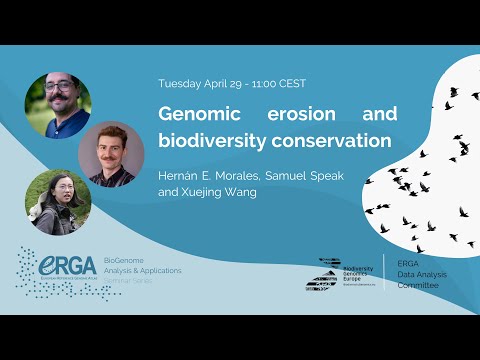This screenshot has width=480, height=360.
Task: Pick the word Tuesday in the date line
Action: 181,83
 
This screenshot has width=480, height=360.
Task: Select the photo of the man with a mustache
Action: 112,154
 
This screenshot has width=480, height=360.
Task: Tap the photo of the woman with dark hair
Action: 59,201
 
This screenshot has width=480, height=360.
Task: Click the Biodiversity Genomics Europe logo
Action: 339,273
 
